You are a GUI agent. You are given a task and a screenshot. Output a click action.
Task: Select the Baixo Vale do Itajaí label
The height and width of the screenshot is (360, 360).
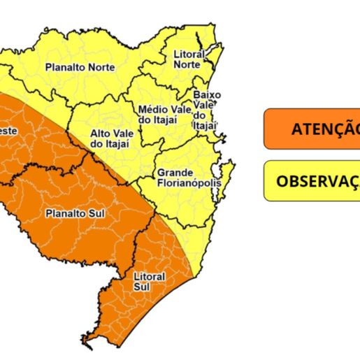pyautogui.click(x=206, y=109)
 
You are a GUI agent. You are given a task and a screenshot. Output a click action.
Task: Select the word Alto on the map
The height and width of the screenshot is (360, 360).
pyautogui.click(x=101, y=133)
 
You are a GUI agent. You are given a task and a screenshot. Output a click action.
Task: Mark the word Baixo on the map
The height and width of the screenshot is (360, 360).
pyautogui.click(x=207, y=94)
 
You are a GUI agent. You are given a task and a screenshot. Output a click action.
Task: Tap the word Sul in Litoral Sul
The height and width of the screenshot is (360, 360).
pyautogui.click(x=142, y=286)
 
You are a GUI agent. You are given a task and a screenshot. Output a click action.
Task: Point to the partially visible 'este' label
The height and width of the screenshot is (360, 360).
pyautogui.click(x=8, y=130)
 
